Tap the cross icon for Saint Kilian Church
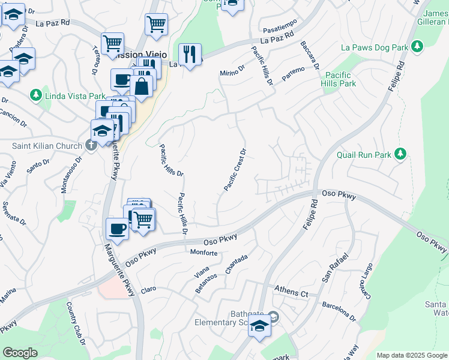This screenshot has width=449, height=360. pos(91,145)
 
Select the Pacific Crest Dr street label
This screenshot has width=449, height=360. pos(235,170)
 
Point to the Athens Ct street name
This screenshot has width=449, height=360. pos(291,293)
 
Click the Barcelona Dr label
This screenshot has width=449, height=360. pos(339,309)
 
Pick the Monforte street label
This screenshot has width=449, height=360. pos(203,253)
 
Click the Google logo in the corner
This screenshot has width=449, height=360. pos(20,353)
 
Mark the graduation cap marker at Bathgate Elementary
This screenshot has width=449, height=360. pos(259,326)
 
